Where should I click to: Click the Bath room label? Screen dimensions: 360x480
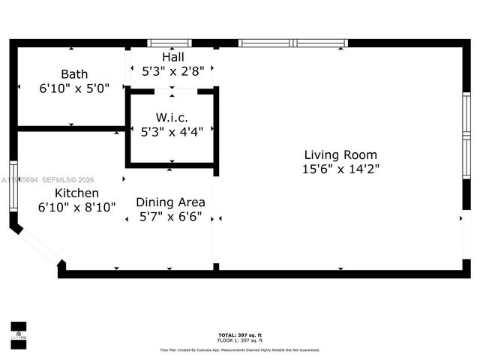74,74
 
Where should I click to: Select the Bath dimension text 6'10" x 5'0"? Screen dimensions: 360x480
74,88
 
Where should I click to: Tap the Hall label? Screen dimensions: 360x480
172,57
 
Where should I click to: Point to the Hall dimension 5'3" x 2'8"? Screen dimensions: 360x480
172,71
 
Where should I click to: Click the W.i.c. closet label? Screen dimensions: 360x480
172,118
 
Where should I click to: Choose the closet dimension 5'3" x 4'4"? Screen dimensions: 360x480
172,132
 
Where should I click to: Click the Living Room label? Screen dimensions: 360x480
340,154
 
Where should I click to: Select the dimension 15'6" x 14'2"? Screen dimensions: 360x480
340,169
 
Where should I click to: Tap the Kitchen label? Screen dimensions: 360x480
76,193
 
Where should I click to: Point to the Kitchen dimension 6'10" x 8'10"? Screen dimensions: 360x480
76,207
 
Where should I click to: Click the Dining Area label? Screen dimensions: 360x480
170,202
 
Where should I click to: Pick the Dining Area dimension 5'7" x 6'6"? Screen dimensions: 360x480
170,216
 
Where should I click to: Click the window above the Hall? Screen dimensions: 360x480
169,43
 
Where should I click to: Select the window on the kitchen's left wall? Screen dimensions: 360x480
13,187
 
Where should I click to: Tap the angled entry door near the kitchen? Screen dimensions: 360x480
37,244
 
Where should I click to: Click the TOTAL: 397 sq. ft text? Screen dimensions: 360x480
240,334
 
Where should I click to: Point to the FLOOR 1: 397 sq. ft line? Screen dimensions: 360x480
240,340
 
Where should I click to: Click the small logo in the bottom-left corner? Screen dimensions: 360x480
18,333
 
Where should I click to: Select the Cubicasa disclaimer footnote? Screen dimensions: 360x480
240,349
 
